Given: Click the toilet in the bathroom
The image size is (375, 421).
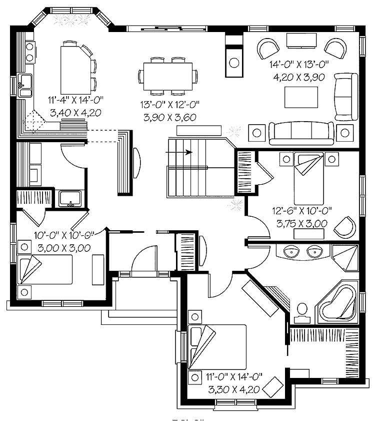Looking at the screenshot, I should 301,310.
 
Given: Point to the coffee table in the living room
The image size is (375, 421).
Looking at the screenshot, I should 301,96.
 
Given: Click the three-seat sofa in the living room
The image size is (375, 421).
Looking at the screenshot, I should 302,132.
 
